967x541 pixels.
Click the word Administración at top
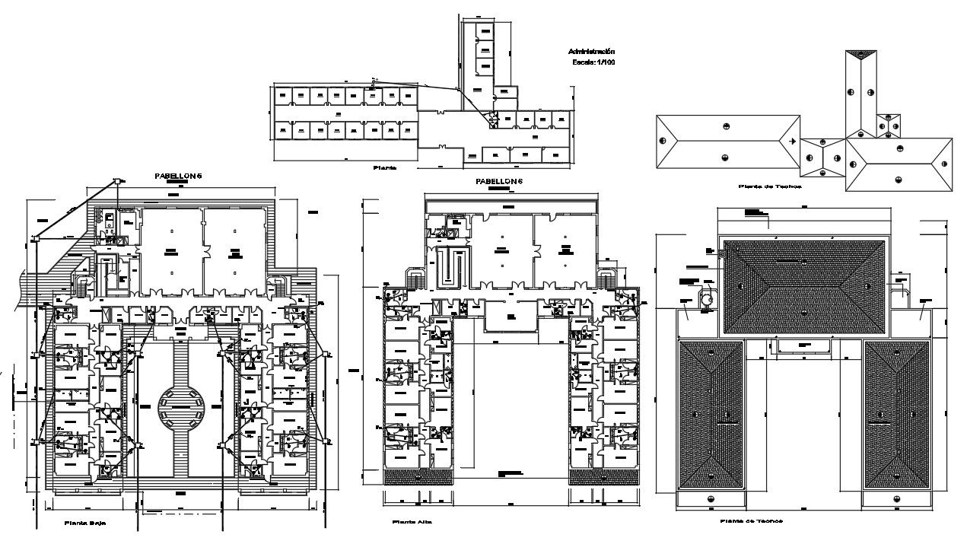tap(593, 51)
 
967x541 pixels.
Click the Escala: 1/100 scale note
tap(593, 62)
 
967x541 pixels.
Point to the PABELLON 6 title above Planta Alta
tap(499, 181)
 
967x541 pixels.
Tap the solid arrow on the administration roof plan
tap(792, 142)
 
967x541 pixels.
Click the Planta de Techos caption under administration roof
tap(770, 186)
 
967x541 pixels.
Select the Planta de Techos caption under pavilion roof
tap(752, 521)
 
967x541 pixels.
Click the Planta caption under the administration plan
tap(385, 166)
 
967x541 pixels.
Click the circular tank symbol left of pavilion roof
tap(707, 301)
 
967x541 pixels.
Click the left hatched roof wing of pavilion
tap(710, 415)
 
